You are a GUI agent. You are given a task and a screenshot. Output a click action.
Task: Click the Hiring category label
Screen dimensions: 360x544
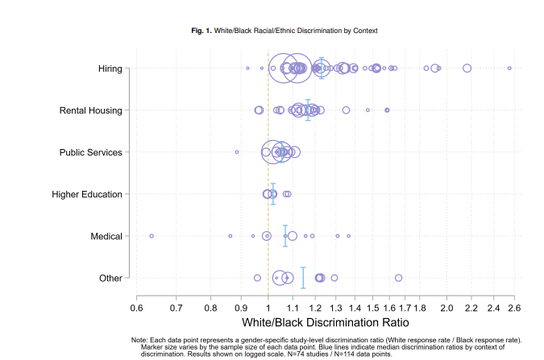coord(109,68)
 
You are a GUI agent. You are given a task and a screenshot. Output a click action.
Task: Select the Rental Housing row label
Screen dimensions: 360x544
coord(90,110)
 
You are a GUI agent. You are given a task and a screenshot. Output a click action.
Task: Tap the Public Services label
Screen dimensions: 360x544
coord(90,152)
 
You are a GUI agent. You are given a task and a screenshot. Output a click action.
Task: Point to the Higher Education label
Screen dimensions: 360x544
coord(86,194)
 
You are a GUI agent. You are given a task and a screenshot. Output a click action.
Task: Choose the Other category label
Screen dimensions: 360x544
coord(110,278)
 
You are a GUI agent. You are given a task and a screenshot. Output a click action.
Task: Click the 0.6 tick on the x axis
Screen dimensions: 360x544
coord(136,308)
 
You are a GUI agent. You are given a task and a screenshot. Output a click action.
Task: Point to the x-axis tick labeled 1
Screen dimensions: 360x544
coord(268,308)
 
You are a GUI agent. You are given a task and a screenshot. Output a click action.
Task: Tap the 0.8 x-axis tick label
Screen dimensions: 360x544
coord(210,308)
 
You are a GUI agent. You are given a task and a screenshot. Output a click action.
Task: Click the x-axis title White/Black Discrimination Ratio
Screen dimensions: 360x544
coord(326,322)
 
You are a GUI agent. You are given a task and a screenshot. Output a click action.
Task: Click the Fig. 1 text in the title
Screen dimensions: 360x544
coord(200,31)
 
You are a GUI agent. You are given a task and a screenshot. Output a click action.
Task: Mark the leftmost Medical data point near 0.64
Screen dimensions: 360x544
coord(152,236)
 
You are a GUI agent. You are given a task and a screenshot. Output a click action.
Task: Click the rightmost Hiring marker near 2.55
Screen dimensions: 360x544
coord(509,68)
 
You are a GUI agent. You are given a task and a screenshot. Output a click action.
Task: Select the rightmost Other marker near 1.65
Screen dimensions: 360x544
coord(398,278)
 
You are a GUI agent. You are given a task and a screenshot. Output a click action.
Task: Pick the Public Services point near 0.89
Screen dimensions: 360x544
coord(237,151)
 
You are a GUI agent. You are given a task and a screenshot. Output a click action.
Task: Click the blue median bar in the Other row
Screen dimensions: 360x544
coord(303,277)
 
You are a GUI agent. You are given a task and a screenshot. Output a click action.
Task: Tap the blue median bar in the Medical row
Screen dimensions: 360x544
coord(285,236)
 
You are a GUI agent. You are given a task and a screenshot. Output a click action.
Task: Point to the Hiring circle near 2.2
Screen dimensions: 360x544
coord(467,68)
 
